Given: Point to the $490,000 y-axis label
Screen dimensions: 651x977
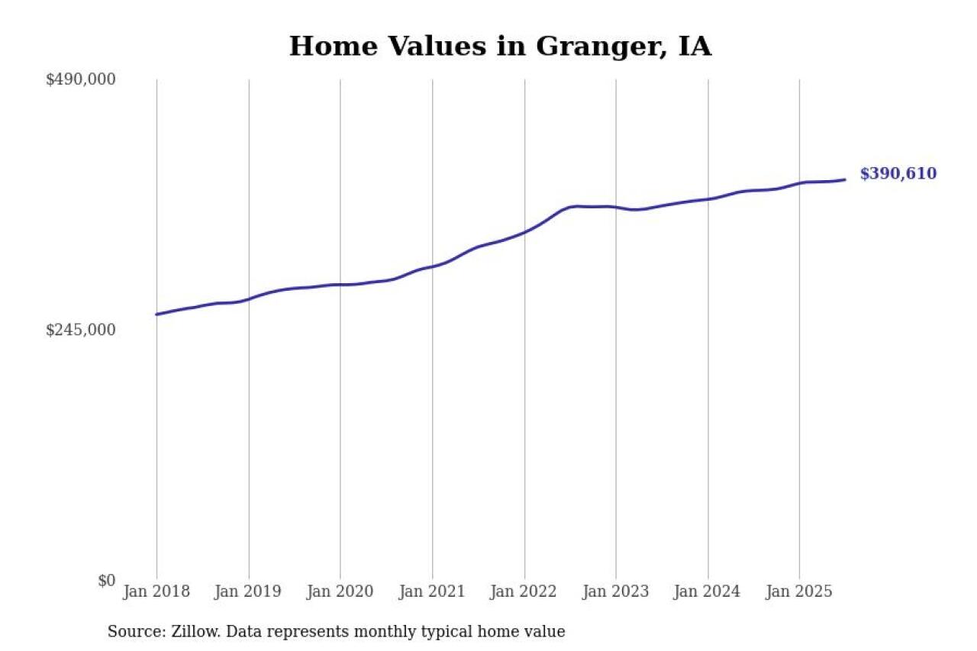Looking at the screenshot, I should click(81, 79).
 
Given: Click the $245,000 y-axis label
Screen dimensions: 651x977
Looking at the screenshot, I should click(81, 330).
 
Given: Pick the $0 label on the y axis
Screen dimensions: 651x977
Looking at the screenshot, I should click(107, 580).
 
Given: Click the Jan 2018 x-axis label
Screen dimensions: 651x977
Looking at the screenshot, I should click(156, 591).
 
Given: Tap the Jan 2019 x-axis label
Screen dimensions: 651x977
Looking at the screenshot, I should click(248, 591).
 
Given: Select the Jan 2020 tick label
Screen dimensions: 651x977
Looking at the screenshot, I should click(340, 591).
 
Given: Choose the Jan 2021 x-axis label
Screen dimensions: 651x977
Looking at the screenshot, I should click(432, 591).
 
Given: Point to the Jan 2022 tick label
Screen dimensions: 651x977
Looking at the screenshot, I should click(524, 591).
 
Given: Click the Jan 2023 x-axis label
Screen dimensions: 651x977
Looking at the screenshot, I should click(615, 591).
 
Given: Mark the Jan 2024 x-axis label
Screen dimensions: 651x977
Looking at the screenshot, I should click(708, 591).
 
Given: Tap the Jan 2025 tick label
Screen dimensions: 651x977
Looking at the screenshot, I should click(799, 591).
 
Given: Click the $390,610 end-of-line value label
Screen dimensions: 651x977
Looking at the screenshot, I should click(898, 174).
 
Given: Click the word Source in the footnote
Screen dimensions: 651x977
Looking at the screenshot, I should click(133, 632).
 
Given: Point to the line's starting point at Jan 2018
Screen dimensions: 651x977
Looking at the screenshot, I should click(156, 314).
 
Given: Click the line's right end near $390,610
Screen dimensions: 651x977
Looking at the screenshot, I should click(845, 180).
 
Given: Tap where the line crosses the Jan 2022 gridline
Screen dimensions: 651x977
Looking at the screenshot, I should click(524, 232).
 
